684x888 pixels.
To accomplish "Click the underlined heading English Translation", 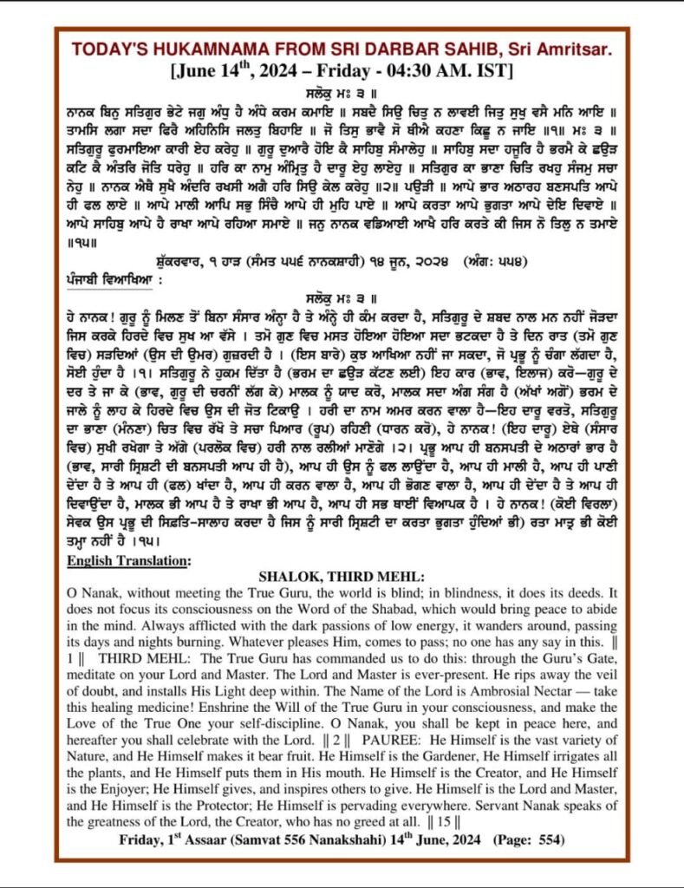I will click(129, 560).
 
